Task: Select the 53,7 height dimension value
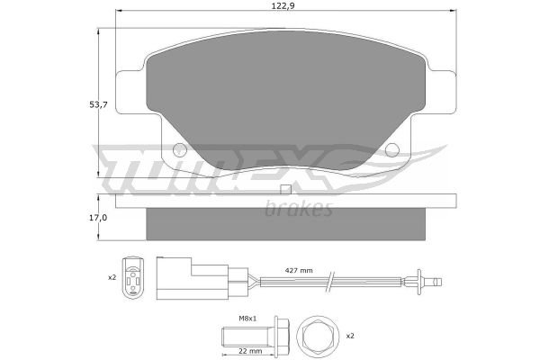click(x=98, y=104)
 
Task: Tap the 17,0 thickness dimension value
click(x=98, y=218)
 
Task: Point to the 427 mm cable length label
click(x=299, y=270)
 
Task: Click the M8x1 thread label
click(x=247, y=319)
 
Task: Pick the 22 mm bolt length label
click(x=250, y=351)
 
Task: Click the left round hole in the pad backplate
click(x=179, y=149)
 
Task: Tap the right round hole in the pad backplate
click(x=392, y=150)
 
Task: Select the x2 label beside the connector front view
click(x=112, y=277)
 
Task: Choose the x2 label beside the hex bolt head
click(x=350, y=336)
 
